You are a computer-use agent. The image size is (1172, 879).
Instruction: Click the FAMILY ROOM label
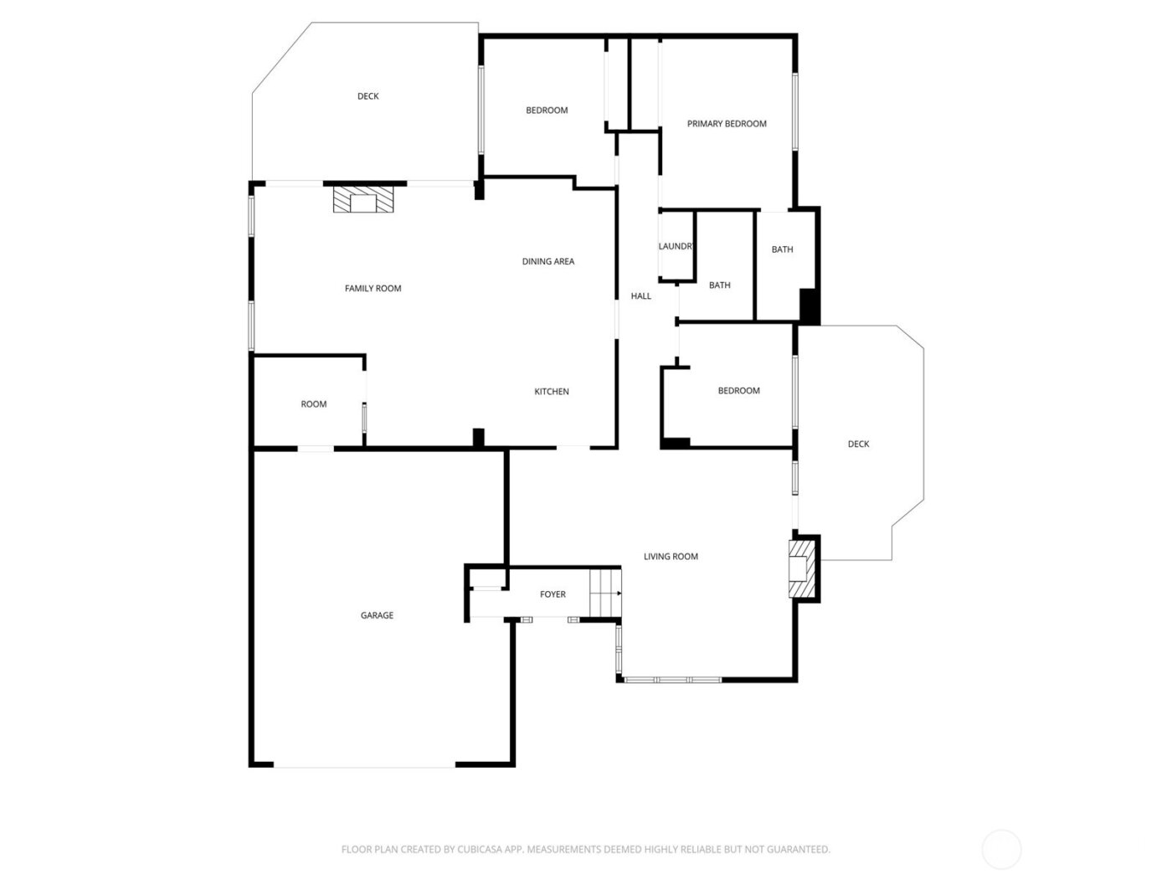coord(373,289)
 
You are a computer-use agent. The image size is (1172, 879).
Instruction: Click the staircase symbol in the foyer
coord(605,594)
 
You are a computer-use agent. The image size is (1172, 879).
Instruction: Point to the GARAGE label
coord(377,615)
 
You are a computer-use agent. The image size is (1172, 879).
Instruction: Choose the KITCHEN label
coord(552,392)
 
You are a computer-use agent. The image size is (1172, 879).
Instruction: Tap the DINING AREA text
coord(548,262)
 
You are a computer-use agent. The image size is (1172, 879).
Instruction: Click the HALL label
coord(640,296)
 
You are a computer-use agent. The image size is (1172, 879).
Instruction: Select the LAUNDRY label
coord(676,246)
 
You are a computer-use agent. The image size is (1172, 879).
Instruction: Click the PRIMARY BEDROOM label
coord(727,124)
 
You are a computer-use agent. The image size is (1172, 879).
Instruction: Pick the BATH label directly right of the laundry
coord(720,285)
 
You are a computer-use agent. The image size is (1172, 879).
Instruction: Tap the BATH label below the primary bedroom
coord(783,249)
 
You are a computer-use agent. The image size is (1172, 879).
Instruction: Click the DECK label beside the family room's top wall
coord(368,96)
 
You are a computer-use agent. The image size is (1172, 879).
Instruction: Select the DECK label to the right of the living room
coord(858,445)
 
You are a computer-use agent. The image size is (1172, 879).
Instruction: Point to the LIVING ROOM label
coord(671,557)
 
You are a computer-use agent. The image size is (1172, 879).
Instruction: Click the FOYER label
coord(553,594)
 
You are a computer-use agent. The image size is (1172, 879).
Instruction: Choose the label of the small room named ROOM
coord(314,404)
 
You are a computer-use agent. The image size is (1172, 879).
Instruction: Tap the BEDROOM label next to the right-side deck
coord(739,391)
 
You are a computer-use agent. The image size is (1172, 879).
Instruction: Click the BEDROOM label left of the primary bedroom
coord(547,111)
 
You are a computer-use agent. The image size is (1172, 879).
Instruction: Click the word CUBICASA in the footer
coord(481,850)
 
